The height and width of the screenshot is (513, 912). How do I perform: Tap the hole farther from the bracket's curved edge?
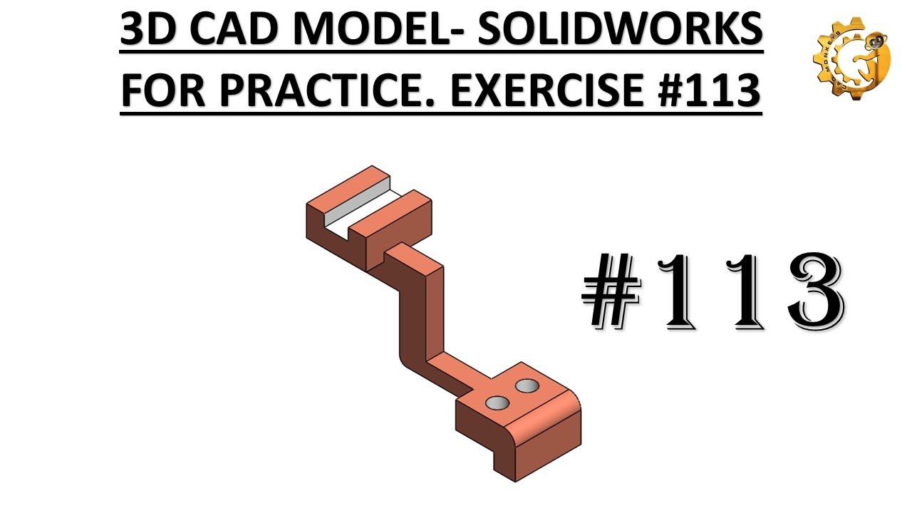pyautogui.click(x=528, y=385)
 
